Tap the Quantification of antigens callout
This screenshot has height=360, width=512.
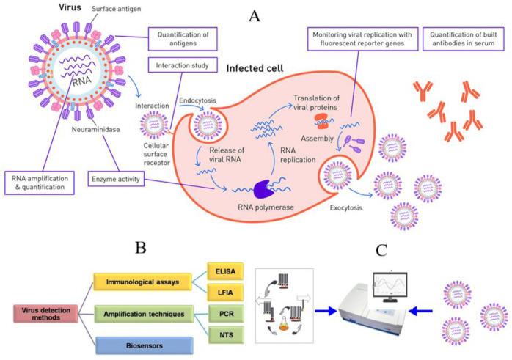click(179, 39)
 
